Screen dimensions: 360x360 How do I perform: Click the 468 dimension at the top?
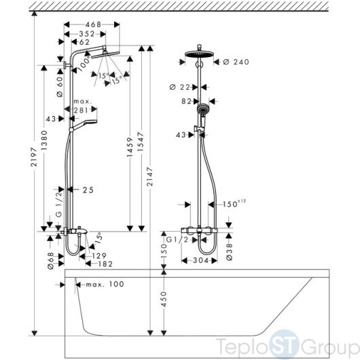93,24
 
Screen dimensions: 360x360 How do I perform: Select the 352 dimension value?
87,34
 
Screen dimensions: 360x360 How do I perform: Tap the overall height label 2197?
34,157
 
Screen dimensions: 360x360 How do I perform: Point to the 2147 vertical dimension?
149,177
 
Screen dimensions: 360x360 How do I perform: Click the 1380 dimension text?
44,141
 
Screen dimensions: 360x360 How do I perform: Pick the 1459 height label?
130,147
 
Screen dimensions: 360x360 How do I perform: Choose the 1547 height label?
141,141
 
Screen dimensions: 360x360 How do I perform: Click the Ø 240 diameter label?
236,62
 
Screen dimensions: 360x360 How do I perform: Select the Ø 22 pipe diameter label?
180,87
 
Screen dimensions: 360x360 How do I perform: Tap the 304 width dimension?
200,260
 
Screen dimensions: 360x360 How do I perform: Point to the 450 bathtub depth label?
164,299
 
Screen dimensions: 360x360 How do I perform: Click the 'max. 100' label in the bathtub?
105,284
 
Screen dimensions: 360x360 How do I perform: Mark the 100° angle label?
84,65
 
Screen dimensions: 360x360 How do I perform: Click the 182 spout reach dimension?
105,264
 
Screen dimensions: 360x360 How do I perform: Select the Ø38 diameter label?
230,252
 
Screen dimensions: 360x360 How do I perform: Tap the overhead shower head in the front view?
199,54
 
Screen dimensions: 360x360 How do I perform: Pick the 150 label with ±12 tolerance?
234,204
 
